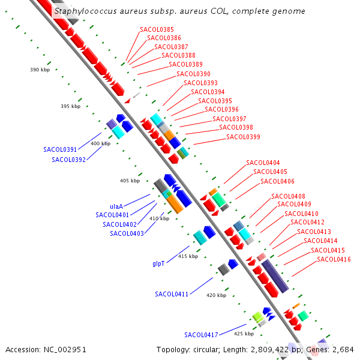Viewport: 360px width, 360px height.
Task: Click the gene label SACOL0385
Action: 157,29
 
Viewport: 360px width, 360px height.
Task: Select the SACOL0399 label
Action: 243,137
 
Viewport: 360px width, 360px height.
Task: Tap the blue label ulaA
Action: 116,206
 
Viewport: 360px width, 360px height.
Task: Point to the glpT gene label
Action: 158,263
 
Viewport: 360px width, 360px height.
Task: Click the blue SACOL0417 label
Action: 201,335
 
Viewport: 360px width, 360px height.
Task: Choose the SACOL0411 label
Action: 172,294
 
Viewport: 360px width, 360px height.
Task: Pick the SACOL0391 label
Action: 60,149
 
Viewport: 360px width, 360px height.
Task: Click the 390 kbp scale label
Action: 40,70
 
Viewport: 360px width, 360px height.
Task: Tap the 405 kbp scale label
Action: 130,181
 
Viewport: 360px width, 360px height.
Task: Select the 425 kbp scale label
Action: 244,334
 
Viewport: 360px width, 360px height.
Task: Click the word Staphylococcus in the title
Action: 86,11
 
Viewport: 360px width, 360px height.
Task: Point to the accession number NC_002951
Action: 65,350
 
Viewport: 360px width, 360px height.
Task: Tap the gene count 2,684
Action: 343,350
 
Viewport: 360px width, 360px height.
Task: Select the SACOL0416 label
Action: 334,259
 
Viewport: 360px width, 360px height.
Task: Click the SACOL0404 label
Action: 263,163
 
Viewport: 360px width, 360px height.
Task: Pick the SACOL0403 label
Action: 127,234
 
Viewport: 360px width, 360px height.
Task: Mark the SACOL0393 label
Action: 200,83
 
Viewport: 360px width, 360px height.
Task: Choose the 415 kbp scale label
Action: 188,256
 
